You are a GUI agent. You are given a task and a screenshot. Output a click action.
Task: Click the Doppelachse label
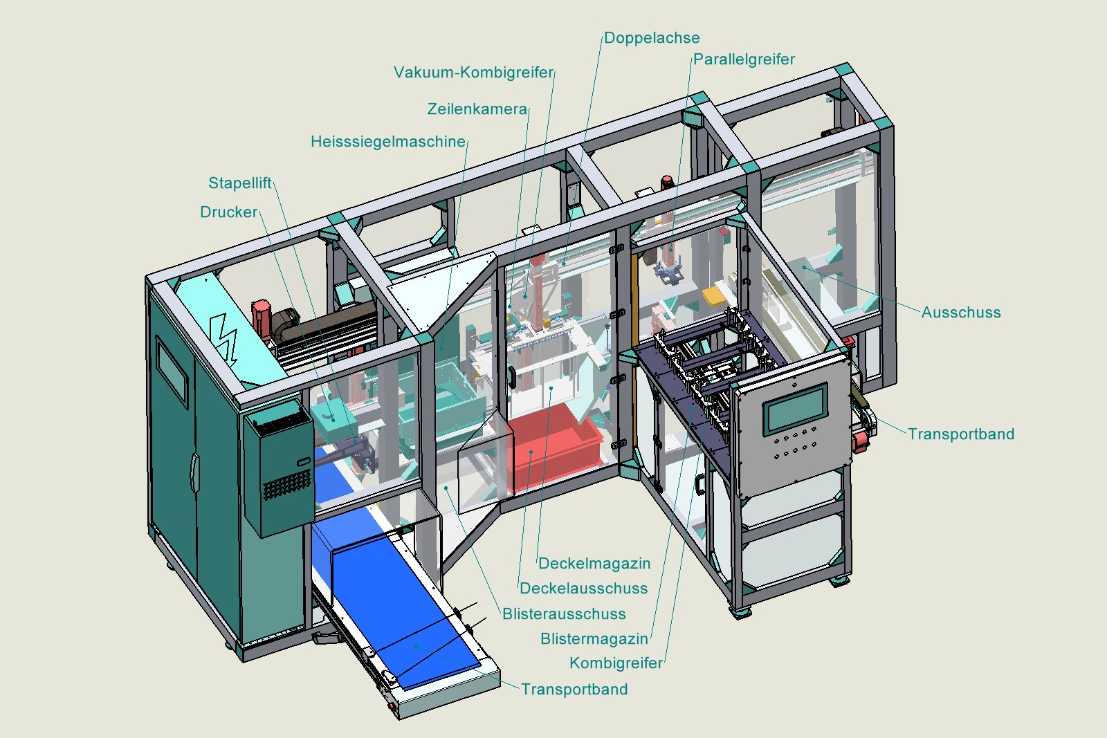(x=652, y=38)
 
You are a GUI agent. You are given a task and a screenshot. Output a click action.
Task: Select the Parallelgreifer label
(x=744, y=59)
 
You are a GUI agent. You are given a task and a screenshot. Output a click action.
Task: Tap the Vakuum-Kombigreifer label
(x=473, y=73)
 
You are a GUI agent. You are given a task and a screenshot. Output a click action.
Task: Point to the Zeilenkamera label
(x=477, y=109)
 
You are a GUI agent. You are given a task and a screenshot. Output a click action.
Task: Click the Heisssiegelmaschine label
(x=388, y=142)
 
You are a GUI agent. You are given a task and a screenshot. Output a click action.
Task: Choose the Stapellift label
(x=239, y=183)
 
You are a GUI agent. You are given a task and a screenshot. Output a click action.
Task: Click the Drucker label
(x=228, y=212)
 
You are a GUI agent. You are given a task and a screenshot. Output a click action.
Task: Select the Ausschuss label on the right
(x=961, y=312)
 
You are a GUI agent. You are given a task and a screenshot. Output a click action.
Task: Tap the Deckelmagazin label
(x=594, y=563)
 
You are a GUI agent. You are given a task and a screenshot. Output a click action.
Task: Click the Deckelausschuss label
(x=584, y=589)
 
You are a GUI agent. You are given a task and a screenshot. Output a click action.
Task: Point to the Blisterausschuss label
(x=564, y=614)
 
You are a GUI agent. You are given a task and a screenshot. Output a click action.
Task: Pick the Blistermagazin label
(x=594, y=638)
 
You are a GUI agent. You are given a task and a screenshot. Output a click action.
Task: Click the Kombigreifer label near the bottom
(x=616, y=663)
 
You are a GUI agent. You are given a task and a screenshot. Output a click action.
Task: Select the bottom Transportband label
(x=574, y=689)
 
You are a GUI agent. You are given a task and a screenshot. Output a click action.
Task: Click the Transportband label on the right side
(x=961, y=434)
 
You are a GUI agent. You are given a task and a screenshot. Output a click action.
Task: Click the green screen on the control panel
(x=795, y=409)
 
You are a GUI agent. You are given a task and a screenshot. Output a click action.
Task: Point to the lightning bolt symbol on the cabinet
(x=223, y=337)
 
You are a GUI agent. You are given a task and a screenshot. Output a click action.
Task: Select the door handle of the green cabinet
(x=194, y=472)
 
